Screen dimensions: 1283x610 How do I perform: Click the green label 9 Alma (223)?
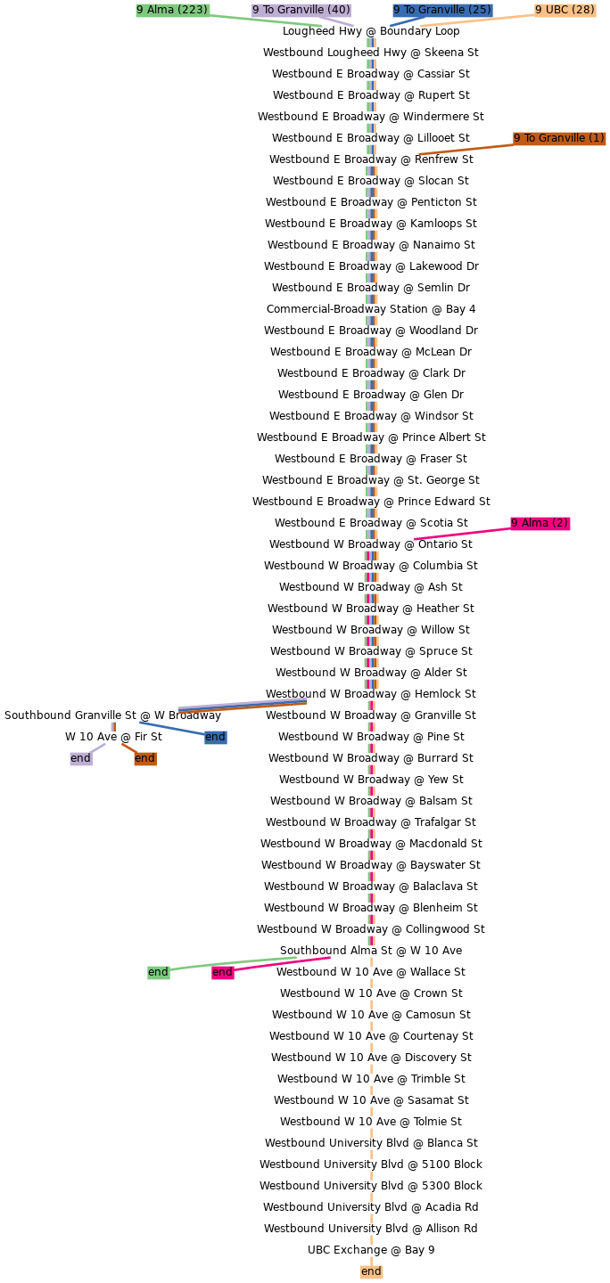(x=173, y=10)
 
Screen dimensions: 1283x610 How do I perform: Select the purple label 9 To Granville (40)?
(x=301, y=10)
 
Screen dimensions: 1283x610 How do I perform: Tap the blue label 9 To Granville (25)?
(x=442, y=10)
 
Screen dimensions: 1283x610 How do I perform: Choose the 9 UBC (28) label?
(x=565, y=10)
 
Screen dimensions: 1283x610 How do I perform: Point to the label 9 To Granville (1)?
(x=559, y=138)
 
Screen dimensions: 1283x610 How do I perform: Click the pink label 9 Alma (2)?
(x=540, y=523)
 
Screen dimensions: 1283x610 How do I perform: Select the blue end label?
(x=215, y=737)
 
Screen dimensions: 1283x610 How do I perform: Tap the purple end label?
(x=80, y=758)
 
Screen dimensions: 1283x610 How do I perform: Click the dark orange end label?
(x=144, y=758)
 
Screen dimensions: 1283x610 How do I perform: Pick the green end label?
(x=158, y=972)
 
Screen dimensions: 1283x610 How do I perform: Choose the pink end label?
(x=222, y=972)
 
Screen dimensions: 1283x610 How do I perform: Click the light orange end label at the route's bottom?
(x=371, y=1271)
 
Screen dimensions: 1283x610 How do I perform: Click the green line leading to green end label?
(x=233, y=963)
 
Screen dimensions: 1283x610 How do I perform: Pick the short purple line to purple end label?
(x=97, y=748)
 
